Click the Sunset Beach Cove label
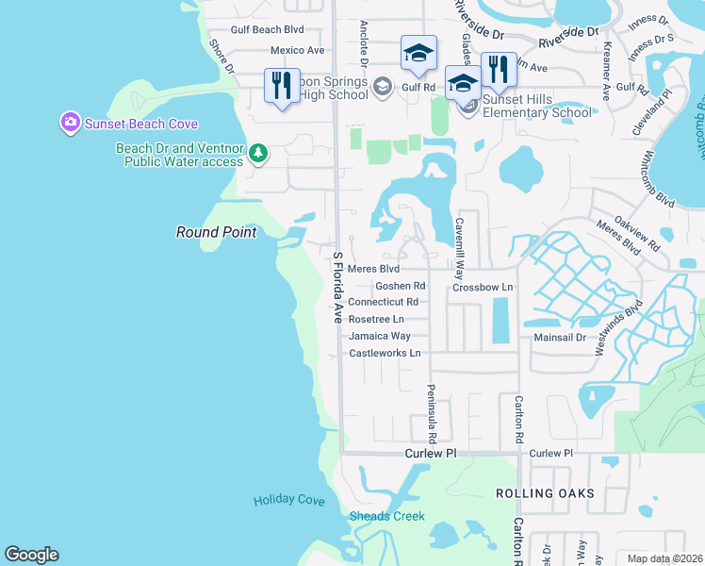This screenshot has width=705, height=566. click(140, 124)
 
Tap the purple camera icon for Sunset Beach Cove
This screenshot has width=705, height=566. click(69, 123)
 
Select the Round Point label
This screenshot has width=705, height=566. click(216, 232)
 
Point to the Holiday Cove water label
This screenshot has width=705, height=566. click(288, 500)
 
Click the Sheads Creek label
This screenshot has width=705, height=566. click(386, 516)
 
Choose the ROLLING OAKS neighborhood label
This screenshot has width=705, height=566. click(545, 493)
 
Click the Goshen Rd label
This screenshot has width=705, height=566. click(401, 286)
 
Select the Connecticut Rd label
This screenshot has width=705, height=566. click(383, 302)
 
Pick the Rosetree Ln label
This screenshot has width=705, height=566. click(376, 319)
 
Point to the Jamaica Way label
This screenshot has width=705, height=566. click(379, 336)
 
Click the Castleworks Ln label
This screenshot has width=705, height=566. click(383, 353)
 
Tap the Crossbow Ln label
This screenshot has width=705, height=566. click(482, 287)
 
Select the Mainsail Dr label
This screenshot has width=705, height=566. click(561, 336)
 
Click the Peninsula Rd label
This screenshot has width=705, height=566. click(431, 414)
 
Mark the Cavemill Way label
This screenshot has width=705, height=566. click(460, 248)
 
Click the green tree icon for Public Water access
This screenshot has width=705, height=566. click(258, 153)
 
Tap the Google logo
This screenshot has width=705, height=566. click(32, 555)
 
